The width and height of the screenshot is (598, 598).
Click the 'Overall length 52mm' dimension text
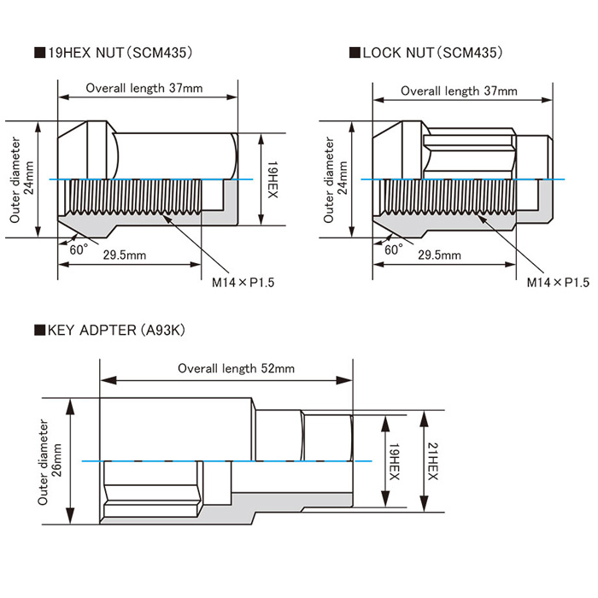tap(236, 368)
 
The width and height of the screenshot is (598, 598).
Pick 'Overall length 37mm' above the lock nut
tap(459, 91)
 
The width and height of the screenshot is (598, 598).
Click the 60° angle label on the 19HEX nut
tap(79, 250)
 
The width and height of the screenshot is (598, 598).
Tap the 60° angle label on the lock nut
tap(394, 250)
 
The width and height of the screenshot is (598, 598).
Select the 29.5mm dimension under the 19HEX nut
tap(126, 255)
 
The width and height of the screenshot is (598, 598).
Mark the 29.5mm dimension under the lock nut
tap(440, 255)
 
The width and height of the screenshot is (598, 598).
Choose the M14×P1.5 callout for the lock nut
tap(558, 281)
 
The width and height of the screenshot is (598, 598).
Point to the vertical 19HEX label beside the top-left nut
tap(272, 179)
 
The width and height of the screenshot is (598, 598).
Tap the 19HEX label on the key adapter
tap(394, 461)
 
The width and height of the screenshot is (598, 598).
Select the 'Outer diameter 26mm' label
tap(49, 461)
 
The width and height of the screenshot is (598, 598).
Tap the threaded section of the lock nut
tap(444, 199)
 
